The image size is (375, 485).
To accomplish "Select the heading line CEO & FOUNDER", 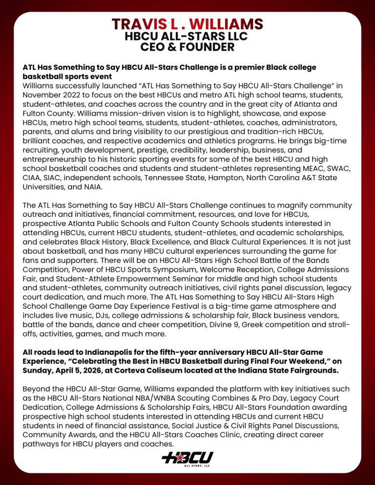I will click(187, 47).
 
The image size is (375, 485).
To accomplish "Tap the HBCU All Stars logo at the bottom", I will click(187, 458).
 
